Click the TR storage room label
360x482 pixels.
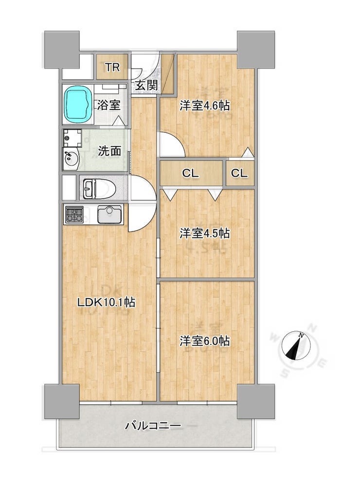point(112,67)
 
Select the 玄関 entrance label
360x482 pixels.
point(146,85)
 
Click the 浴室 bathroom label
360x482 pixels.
point(108,106)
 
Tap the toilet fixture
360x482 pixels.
point(99,188)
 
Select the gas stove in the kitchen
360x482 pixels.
point(74,214)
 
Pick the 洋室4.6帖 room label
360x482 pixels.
point(204,106)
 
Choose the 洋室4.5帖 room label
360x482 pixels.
point(204,233)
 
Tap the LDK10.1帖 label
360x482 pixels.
point(106,303)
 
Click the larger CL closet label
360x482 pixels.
point(191,173)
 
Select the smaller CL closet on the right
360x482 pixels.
point(239,173)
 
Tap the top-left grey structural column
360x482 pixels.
point(62,49)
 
